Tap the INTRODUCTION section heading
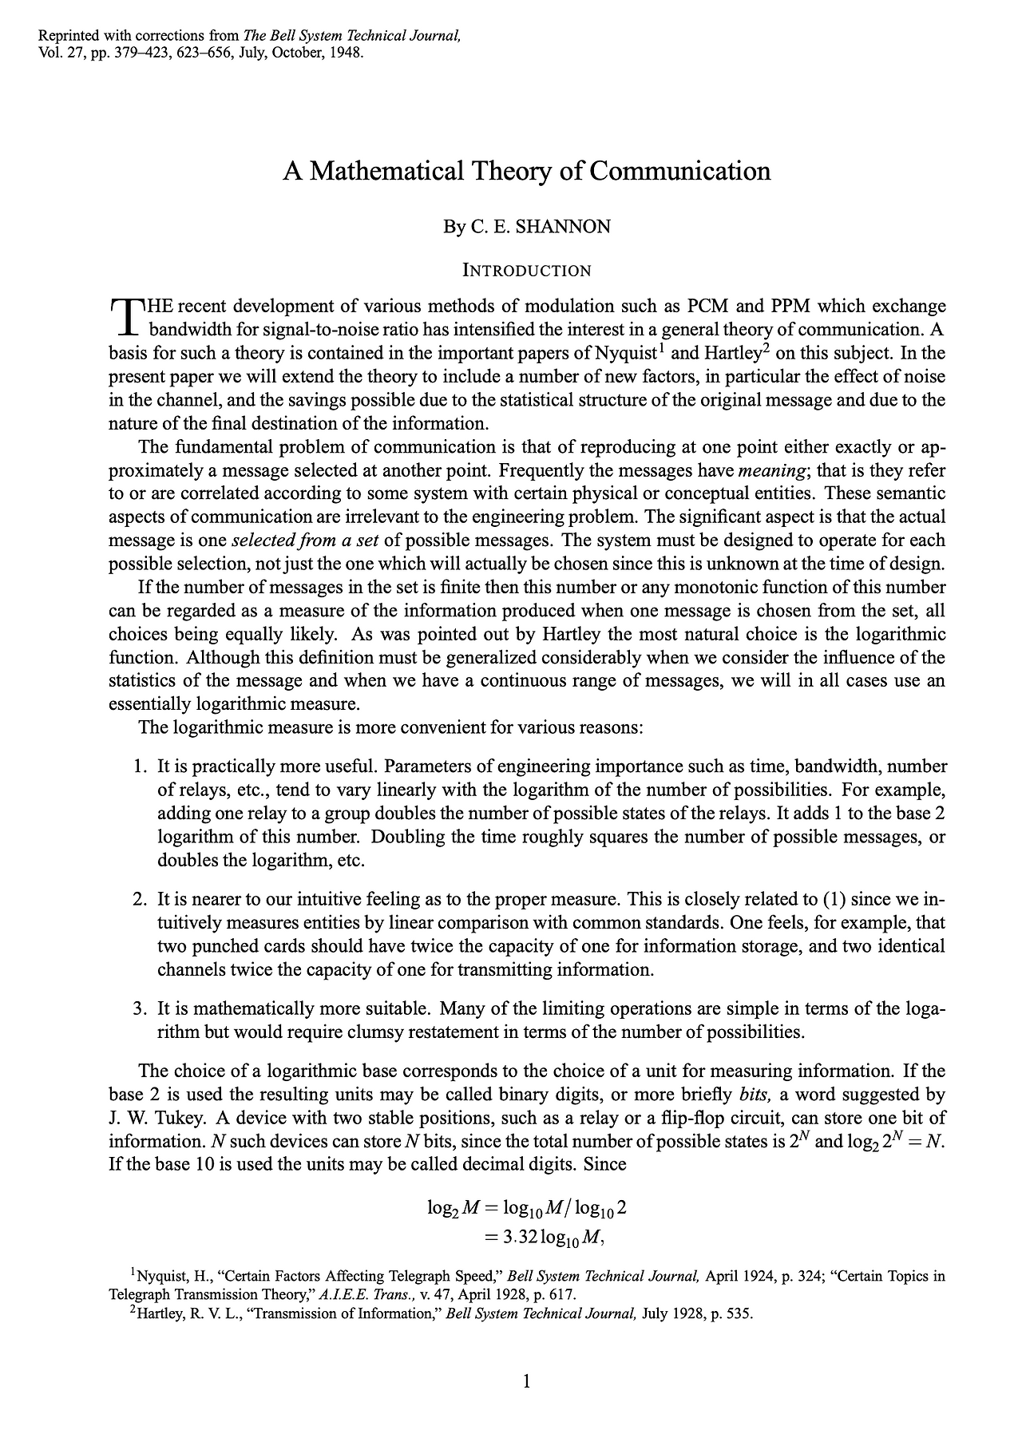(527, 271)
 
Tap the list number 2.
(139, 900)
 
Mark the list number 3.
(139, 1008)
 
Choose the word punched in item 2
(217, 947)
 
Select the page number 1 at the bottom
(526, 1382)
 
